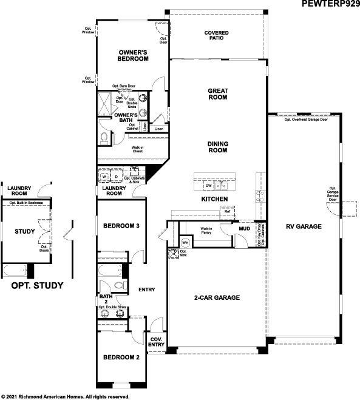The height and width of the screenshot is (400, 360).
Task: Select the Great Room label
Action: click(x=217, y=93)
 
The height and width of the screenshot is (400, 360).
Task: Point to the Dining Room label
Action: click(x=217, y=149)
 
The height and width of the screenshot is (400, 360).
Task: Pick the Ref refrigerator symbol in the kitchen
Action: click(x=228, y=211)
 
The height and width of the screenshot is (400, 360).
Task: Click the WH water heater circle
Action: click(x=186, y=242)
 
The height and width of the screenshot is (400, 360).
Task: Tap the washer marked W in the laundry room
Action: click(x=104, y=177)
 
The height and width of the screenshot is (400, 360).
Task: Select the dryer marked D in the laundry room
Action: click(x=117, y=177)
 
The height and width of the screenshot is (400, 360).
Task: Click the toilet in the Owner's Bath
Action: click(x=104, y=138)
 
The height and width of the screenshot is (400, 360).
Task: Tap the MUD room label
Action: click(x=245, y=229)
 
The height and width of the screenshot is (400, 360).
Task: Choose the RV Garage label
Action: click(x=303, y=227)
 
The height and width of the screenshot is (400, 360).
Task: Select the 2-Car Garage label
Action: click(x=217, y=297)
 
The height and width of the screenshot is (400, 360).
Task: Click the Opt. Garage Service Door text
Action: click(x=333, y=194)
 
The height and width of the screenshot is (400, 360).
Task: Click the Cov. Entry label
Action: click(x=155, y=342)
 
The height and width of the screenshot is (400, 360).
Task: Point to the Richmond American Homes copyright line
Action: click(x=66, y=396)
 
